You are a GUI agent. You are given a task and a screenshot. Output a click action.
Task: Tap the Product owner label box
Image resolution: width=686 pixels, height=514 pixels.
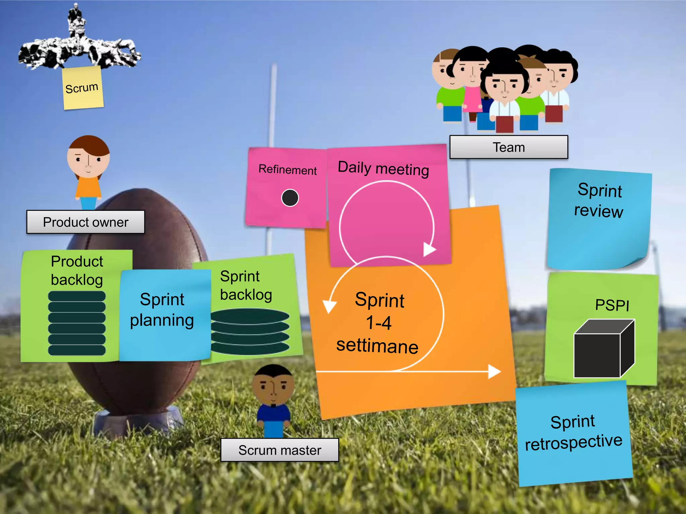coord(86,222)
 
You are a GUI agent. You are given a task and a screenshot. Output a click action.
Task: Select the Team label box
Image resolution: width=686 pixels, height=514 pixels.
coord(508,147)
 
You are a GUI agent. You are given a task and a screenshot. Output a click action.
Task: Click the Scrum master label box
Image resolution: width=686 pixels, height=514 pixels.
coord(280,450)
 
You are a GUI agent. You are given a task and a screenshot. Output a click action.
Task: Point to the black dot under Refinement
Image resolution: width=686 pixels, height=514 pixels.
coord(290,198)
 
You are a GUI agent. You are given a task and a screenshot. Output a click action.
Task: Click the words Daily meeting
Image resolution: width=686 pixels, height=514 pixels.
coord(383,168)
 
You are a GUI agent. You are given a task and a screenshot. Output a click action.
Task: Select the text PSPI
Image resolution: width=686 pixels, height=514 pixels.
coord(612,305)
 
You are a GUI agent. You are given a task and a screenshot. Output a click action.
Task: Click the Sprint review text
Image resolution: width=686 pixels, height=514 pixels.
coord(599,200)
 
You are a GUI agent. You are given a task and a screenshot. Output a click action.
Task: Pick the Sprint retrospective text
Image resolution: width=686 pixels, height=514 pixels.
coord(573,432)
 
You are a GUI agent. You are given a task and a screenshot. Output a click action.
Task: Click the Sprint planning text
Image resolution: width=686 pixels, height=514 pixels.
coord(162,310)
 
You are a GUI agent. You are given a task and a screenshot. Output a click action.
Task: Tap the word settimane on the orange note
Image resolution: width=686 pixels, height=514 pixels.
coord(378,346)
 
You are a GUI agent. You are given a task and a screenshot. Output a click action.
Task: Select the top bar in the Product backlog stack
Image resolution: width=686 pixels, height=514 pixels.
coord(77,296)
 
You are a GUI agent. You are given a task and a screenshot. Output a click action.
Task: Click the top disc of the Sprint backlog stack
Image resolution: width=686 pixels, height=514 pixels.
coord(250,316)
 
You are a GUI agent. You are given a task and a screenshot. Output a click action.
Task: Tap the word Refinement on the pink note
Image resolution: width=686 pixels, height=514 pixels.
coord(287,170)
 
